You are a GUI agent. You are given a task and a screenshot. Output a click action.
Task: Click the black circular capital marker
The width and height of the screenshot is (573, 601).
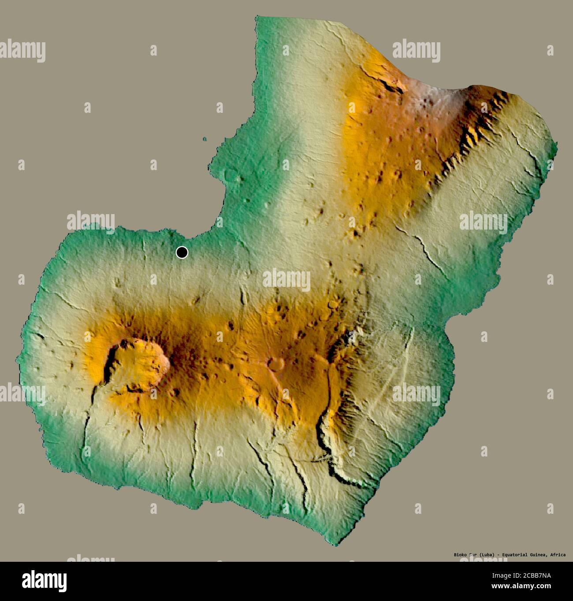click(182, 252)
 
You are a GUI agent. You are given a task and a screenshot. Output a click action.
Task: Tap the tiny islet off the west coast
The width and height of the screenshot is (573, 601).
click(205, 139)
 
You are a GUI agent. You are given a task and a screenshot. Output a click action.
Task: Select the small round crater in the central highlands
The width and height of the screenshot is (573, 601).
click(276, 364)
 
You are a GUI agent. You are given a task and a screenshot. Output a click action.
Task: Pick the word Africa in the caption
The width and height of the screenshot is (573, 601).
click(558, 554)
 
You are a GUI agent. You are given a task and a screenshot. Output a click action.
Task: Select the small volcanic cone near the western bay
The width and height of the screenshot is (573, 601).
click(230, 176)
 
